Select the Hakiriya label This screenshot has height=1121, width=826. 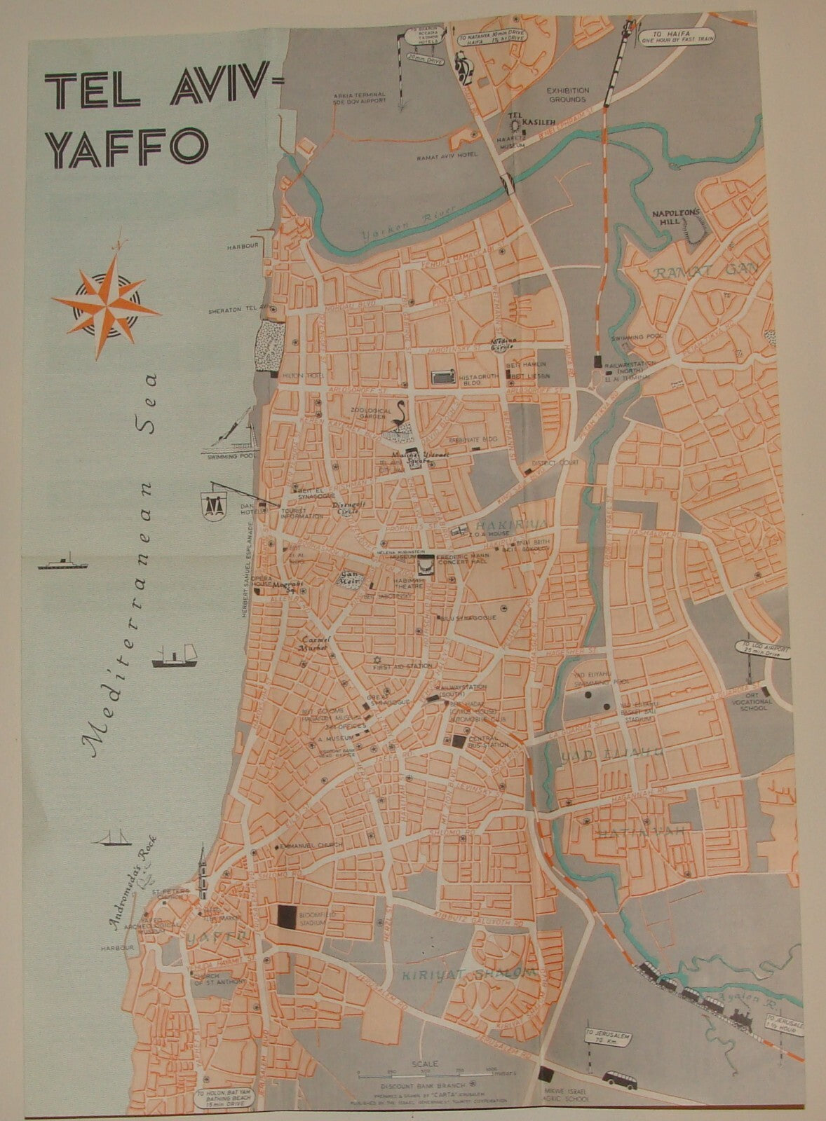(494, 525)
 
